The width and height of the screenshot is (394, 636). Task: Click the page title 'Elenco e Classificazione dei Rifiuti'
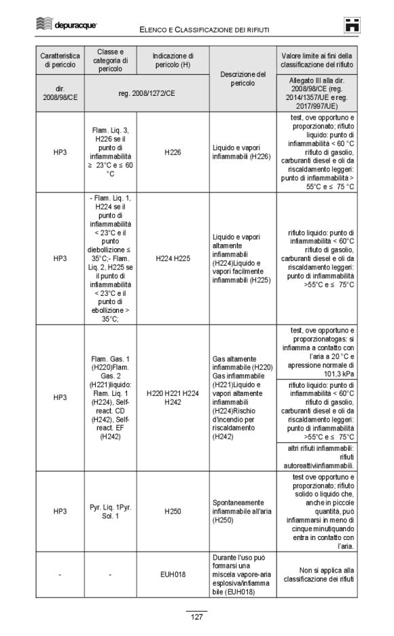tap(204, 29)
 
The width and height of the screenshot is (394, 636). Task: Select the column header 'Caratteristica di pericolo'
tap(60, 60)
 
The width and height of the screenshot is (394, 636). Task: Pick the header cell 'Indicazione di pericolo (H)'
tap(173, 60)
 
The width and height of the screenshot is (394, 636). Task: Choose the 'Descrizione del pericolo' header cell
tap(243, 78)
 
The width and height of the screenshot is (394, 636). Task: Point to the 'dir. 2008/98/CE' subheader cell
tap(60, 93)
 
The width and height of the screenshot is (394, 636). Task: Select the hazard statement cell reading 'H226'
tap(173, 153)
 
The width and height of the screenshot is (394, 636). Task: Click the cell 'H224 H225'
tap(173, 258)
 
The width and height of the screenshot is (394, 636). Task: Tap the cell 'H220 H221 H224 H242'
tap(173, 398)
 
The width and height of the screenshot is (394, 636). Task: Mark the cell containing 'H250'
tap(173, 510)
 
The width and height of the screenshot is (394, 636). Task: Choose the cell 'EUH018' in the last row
tap(173, 575)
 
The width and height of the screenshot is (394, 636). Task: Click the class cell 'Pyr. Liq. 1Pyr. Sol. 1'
tap(109, 510)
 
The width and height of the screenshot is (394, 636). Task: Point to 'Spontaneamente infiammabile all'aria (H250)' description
tap(243, 510)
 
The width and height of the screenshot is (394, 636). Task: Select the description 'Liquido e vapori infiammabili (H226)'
tap(243, 153)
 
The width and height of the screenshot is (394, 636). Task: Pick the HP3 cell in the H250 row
tap(60, 510)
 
